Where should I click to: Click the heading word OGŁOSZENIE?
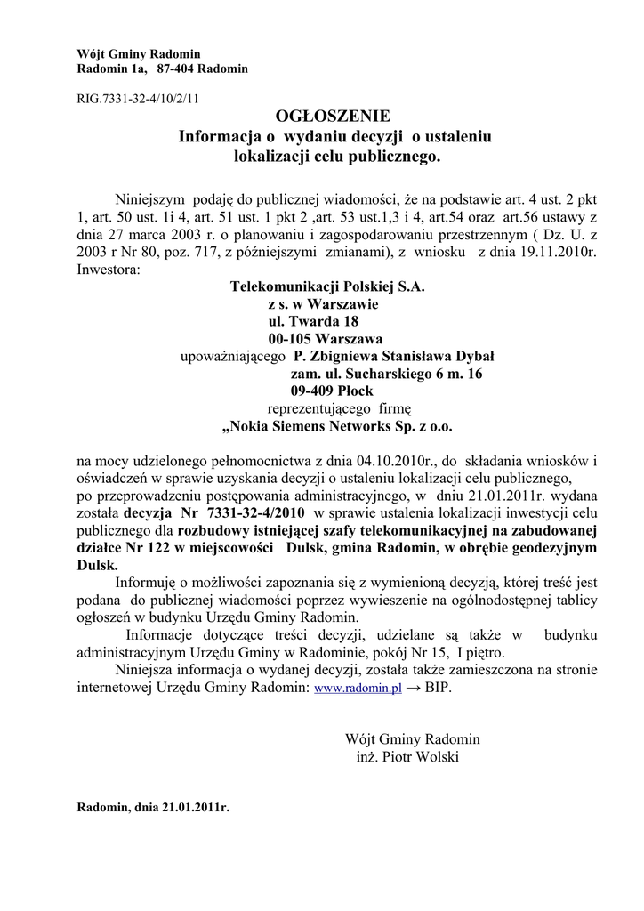coord(333,117)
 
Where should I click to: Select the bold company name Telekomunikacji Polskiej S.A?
coord(327,287)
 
